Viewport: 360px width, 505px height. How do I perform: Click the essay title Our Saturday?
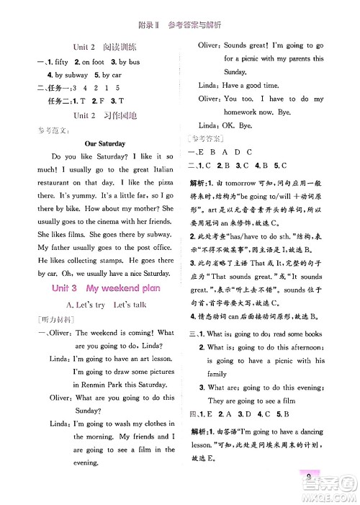(104, 143)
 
